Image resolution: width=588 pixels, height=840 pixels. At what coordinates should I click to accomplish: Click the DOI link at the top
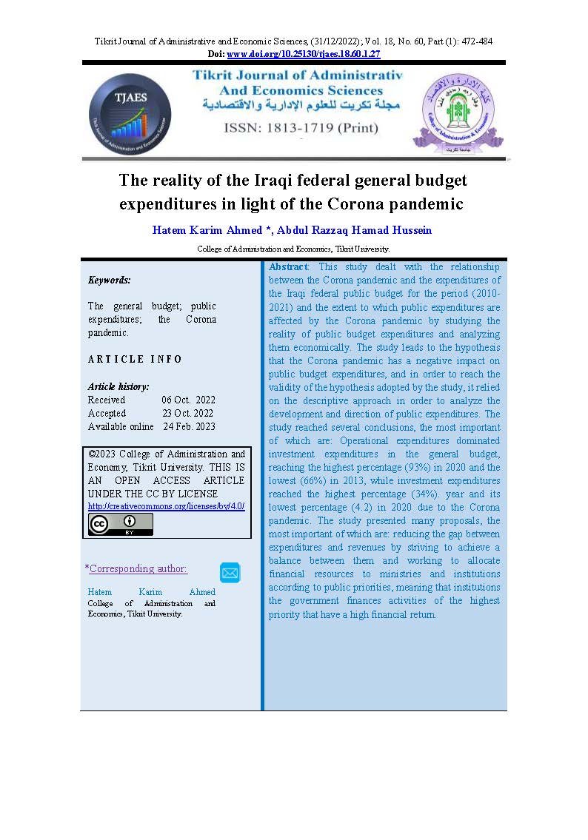(x=303, y=54)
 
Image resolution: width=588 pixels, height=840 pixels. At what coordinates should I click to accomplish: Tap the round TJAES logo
(x=130, y=114)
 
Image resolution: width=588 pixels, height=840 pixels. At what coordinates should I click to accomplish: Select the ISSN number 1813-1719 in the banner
(x=300, y=127)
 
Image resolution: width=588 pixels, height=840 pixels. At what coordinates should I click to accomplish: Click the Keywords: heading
(x=109, y=280)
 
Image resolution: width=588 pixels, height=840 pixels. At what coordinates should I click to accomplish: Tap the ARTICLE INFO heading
(x=135, y=360)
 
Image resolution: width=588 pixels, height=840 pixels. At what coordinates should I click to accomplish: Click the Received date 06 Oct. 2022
(x=188, y=400)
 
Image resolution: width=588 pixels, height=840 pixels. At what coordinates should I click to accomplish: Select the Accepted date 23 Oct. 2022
(x=188, y=413)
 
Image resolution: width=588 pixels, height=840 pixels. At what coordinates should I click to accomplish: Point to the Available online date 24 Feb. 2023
(x=190, y=426)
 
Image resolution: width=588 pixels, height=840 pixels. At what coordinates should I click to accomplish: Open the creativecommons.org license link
(x=166, y=506)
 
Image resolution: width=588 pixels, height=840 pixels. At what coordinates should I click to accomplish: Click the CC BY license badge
(x=121, y=524)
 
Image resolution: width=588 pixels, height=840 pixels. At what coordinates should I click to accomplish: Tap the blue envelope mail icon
(x=230, y=572)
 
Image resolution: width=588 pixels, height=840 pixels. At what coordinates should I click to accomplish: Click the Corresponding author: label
(x=138, y=568)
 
